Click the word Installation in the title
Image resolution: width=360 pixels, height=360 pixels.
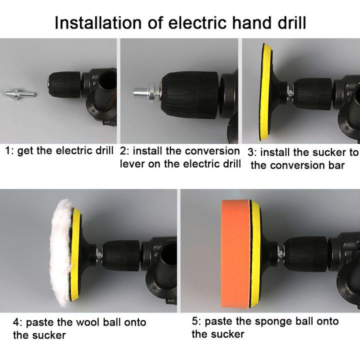tap(98, 22)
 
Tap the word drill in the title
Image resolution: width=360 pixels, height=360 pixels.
tap(292, 22)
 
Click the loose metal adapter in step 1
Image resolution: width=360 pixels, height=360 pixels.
tap(20, 93)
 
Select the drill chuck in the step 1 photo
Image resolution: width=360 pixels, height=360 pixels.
tap(64, 85)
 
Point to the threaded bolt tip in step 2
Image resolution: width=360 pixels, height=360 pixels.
tap(140, 93)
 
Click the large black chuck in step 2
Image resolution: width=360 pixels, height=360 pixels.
tap(189, 95)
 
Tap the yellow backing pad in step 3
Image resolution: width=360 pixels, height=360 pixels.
tap(265, 92)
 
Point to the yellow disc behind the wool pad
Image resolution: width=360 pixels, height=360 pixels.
tap(76, 254)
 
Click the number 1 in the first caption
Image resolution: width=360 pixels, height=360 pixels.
tap(7, 151)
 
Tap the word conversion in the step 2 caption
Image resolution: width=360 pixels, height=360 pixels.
tap(212, 151)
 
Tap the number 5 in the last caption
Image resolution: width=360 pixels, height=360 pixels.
tap(194, 321)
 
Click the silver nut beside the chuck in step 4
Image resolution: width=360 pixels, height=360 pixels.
tap(99, 254)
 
